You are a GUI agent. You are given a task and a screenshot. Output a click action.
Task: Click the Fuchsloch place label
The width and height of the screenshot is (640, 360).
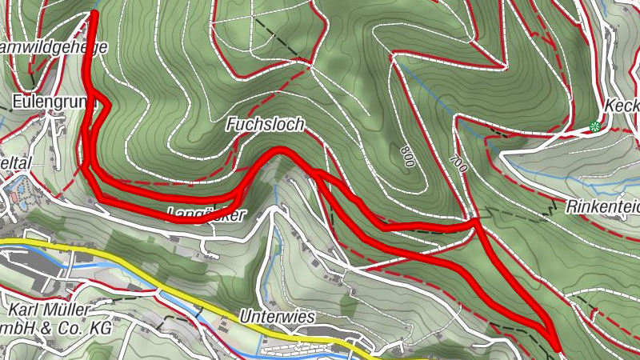pyautogui.click(x=265, y=125)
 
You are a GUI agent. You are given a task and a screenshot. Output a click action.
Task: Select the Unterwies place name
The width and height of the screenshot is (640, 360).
pyautogui.click(x=277, y=317)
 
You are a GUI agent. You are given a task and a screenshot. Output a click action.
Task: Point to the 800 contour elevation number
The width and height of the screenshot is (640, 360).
pyautogui.click(x=408, y=158)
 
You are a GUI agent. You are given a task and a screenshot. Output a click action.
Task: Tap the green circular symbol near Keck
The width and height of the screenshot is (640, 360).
pyautogui.click(x=594, y=126)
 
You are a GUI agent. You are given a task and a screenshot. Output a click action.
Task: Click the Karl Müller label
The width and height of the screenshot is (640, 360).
pyautogui.click(x=50, y=310)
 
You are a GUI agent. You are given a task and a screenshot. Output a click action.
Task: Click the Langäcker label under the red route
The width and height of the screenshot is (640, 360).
pyautogui.click(x=206, y=214)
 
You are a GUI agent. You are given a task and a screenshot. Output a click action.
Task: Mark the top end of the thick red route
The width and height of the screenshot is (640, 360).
pyautogui.click(x=94, y=14)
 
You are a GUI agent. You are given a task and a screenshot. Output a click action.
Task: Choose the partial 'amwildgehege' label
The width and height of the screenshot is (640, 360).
pyautogui.click(x=53, y=47)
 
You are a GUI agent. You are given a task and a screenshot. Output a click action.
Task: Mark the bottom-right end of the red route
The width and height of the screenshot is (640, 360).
pyautogui.click(x=556, y=346)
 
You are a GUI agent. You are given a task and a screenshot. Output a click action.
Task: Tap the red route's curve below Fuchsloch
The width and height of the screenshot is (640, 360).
pyautogui.click(x=280, y=150)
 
